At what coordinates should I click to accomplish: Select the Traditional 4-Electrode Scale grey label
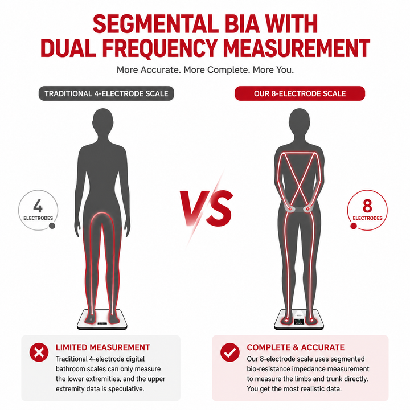tap(106, 93)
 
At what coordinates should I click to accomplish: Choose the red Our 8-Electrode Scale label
tap(300, 93)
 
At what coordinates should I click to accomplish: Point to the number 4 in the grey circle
tap(38, 206)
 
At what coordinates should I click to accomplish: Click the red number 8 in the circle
tap(367, 206)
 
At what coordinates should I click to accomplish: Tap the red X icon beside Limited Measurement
tap(39, 352)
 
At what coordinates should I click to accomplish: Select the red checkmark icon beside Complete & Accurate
tap(230, 352)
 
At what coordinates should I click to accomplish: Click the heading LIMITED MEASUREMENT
tap(102, 347)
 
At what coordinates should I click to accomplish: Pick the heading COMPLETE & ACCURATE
tap(296, 347)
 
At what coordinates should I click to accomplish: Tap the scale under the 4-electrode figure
tap(102, 319)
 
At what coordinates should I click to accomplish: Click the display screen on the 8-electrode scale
tap(299, 322)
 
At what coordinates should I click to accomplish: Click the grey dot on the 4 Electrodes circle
tap(52, 225)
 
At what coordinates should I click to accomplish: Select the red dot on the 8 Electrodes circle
tap(354, 225)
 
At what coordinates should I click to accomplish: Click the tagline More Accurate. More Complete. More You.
tap(205, 70)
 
